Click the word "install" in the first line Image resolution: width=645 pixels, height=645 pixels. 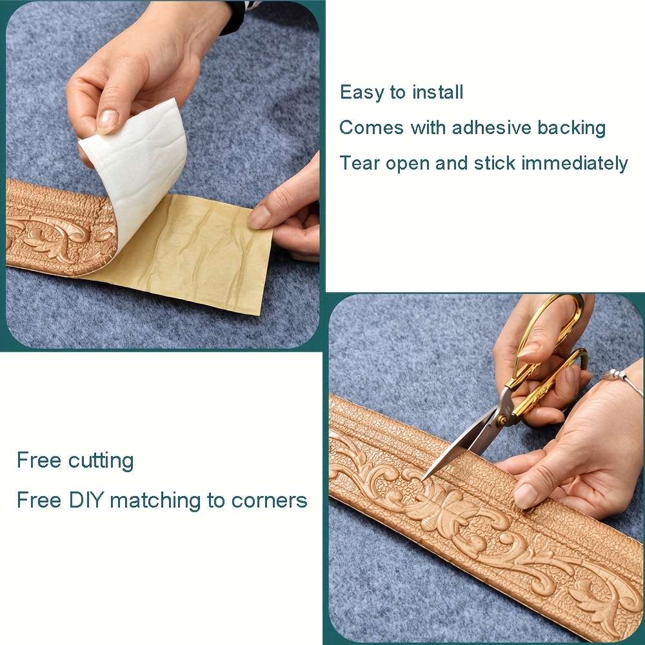(x=438, y=92)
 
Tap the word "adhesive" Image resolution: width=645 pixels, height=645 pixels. (x=491, y=128)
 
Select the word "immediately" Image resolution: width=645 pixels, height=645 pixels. (x=574, y=163)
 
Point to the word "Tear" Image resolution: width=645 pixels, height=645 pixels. (x=359, y=163)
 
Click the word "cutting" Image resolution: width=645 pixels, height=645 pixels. (x=101, y=461)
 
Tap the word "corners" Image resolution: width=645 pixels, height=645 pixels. (x=269, y=501)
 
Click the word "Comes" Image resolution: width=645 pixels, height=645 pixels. (x=372, y=128)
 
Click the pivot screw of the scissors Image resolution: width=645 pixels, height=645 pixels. (x=502, y=420)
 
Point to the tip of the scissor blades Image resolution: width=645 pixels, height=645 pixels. (x=422, y=481)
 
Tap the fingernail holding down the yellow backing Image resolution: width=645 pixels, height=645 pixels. (x=259, y=216)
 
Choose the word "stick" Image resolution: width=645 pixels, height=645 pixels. (x=495, y=163)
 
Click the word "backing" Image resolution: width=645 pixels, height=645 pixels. (x=571, y=128)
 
